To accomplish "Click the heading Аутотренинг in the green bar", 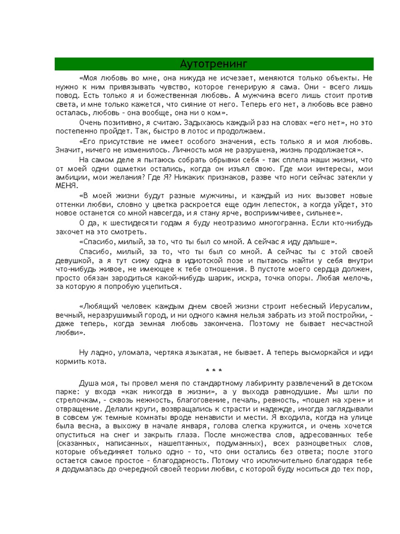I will point(214,64).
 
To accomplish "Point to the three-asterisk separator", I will point(214,371).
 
